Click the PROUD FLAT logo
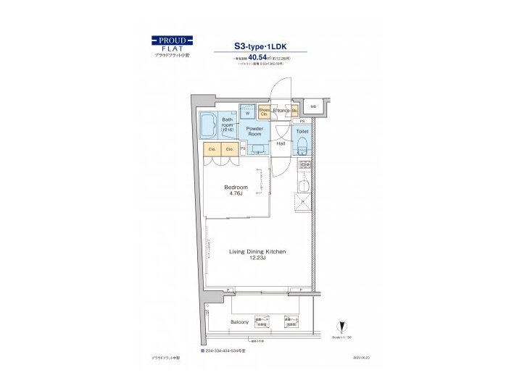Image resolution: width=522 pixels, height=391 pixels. (172, 44)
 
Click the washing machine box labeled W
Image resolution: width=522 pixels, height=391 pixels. (247, 113)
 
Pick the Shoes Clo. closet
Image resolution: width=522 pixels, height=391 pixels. (264, 112)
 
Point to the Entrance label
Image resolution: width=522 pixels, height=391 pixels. (282, 110)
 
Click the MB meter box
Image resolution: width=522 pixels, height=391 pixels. (313, 107)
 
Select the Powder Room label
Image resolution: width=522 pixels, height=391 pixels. (254, 131)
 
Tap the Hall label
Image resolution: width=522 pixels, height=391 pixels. (281, 143)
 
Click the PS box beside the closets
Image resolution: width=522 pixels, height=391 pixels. (243, 149)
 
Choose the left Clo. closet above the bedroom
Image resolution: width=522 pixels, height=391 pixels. (212, 149)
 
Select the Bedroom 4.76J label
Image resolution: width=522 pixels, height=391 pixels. (236, 190)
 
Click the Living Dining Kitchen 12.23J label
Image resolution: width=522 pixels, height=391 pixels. (257, 254)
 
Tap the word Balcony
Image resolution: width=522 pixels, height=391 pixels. (240, 321)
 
